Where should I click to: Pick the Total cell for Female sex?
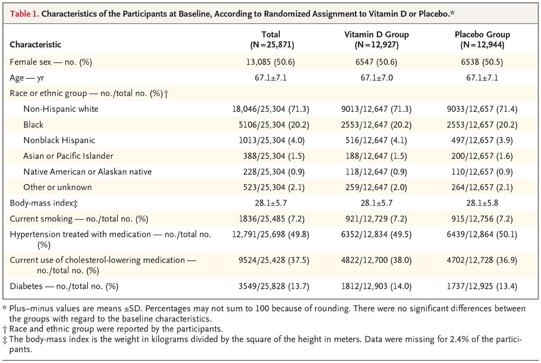[x=271, y=62]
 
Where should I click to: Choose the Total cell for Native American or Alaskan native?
[x=271, y=172]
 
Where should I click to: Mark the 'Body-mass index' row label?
[x=43, y=203]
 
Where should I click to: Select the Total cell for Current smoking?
[x=271, y=219]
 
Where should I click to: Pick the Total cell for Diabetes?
[x=271, y=286]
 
